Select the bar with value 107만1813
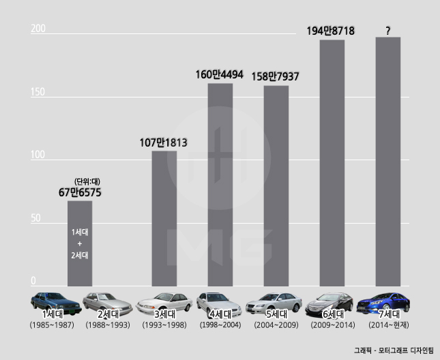tap(164, 218)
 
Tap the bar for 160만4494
tap(220, 184)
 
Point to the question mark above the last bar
tap(387, 31)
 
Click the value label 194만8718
tap(330, 31)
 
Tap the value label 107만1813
tap(163, 142)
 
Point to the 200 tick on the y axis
tap(38, 29)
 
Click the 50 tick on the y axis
tap(35, 218)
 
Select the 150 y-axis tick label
tap(38, 92)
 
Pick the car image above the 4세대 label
tap(219, 301)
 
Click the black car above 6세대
tap(332, 301)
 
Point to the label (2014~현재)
tap(387, 326)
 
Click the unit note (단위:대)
tap(87, 181)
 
